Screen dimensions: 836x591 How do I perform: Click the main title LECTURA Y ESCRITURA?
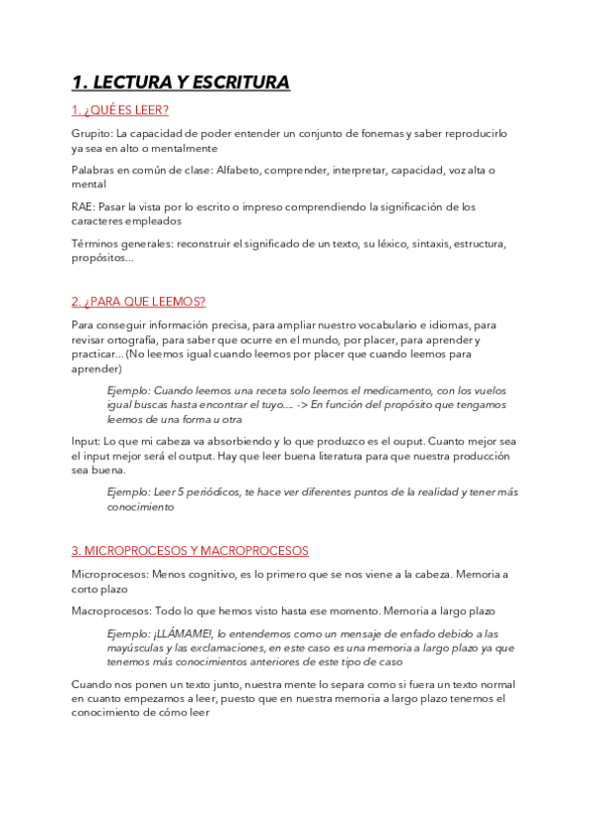coord(181,83)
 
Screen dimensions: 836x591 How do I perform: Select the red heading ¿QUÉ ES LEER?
coord(119,109)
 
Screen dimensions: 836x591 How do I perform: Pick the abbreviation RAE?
coord(84,208)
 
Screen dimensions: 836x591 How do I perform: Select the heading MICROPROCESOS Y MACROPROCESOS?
coord(190,550)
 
